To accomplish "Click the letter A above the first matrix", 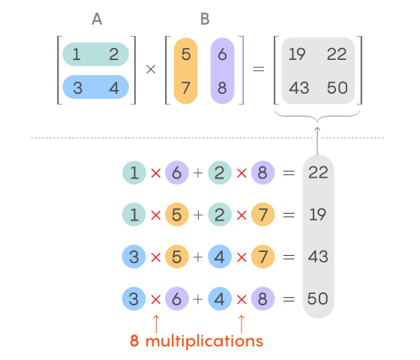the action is [x=97, y=19].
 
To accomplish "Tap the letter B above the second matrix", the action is [x=205, y=19].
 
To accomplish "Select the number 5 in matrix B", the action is [x=186, y=54].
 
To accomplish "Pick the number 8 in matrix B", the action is [x=222, y=88].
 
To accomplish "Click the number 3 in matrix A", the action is [x=78, y=88].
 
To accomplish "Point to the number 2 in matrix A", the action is [x=113, y=54].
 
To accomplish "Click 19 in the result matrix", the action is [x=297, y=54].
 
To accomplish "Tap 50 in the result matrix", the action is [x=337, y=88].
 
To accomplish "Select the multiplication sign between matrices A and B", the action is [x=151, y=69].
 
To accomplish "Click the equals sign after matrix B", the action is [x=259, y=69].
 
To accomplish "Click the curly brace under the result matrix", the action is [x=317, y=117].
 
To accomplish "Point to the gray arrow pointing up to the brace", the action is [x=317, y=141].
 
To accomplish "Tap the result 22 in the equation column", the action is [x=318, y=172].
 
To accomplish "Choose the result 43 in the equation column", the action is [x=318, y=256].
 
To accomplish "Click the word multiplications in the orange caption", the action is [x=204, y=341].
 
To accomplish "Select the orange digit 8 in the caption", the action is [x=134, y=340].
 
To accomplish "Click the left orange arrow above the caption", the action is [x=156, y=324].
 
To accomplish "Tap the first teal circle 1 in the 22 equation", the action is [x=134, y=172].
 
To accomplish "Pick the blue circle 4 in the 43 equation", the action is [x=220, y=256].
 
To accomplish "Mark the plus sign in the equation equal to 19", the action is [x=198, y=214].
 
